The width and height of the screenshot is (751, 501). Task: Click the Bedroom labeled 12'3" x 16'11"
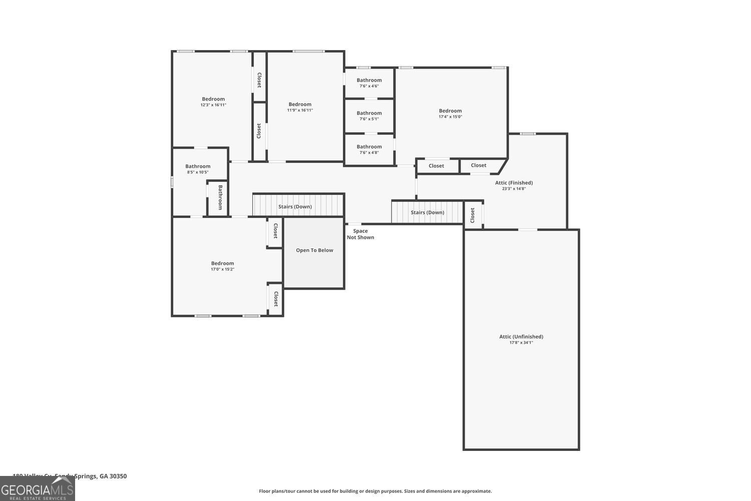coord(213,102)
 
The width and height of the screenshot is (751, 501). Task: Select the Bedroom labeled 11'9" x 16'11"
coord(300,107)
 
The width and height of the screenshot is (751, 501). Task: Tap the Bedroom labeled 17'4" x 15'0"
coord(450,113)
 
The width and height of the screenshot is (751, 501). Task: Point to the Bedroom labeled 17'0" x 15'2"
coord(222,266)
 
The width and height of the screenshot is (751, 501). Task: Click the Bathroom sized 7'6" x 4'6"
coord(369,83)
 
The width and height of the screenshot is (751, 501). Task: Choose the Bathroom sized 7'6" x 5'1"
coord(369,116)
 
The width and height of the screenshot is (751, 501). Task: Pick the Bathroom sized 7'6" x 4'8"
coord(369,149)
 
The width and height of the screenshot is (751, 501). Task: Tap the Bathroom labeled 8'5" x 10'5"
coord(198,169)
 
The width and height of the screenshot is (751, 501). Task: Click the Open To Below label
coord(314,250)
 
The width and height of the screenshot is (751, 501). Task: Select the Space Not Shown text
coord(360,234)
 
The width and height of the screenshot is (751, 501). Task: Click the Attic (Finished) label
coord(514,183)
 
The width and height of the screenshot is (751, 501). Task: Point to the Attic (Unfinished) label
coord(521,337)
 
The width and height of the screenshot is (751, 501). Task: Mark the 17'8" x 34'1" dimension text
coord(521,343)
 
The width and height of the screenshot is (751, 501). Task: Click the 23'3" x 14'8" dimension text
coord(514,189)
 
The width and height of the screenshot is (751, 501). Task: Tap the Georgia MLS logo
coord(37,489)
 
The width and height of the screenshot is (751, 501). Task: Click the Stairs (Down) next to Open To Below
coord(295,206)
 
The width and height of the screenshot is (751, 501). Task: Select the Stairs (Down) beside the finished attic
coord(427,212)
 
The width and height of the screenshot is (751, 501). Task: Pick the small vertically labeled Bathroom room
coord(219,198)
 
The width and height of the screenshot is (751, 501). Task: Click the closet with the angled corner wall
coord(479,165)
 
